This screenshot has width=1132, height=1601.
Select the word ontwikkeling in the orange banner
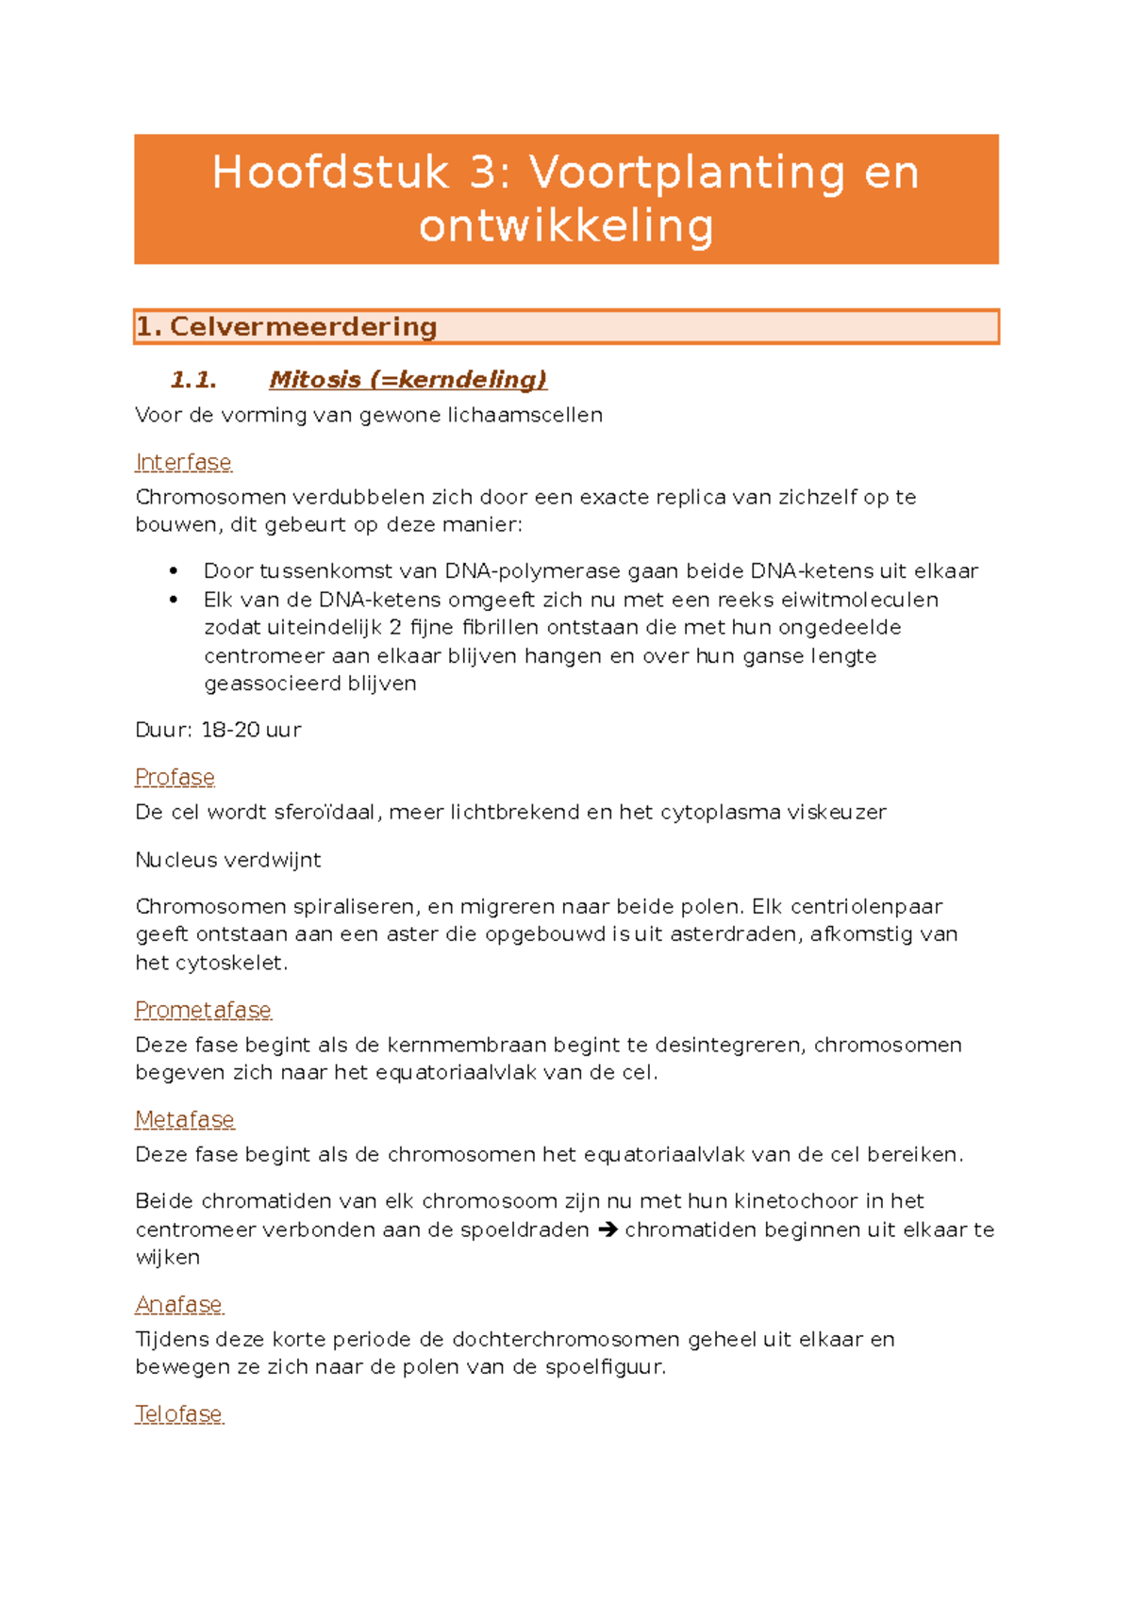pyautogui.click(x=566, y=226)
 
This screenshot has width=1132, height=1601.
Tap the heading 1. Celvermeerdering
pyautogui.click(x=287, y=327)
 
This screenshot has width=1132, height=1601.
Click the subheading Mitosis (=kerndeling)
pyautogui.click(x=408, y=380)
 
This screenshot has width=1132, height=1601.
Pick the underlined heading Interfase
pyautogui.click(x=183, y=463)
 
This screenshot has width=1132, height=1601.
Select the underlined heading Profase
pyautogui.click(x=175, y=777)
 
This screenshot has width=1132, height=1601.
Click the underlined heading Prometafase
pyautogui.click(x=203, y=1010)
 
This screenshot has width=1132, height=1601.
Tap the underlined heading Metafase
pyautogui.click(x=184, y=1119)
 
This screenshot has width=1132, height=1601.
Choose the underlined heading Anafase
pyautogui.click(x=179, y=1304)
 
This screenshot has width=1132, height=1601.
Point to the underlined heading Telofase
pyautogui.click(x=179, y=1414)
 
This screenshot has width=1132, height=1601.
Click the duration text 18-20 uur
pyautogui.click(x=251, y=730)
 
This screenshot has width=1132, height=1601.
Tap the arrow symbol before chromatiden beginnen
pyautogui.click(x=608, y=1230)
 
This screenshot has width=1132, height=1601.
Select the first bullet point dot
pyautogui.click(x=174, y=571)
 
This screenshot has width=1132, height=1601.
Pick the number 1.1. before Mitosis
pyautogui.click(x=193, y=380)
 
